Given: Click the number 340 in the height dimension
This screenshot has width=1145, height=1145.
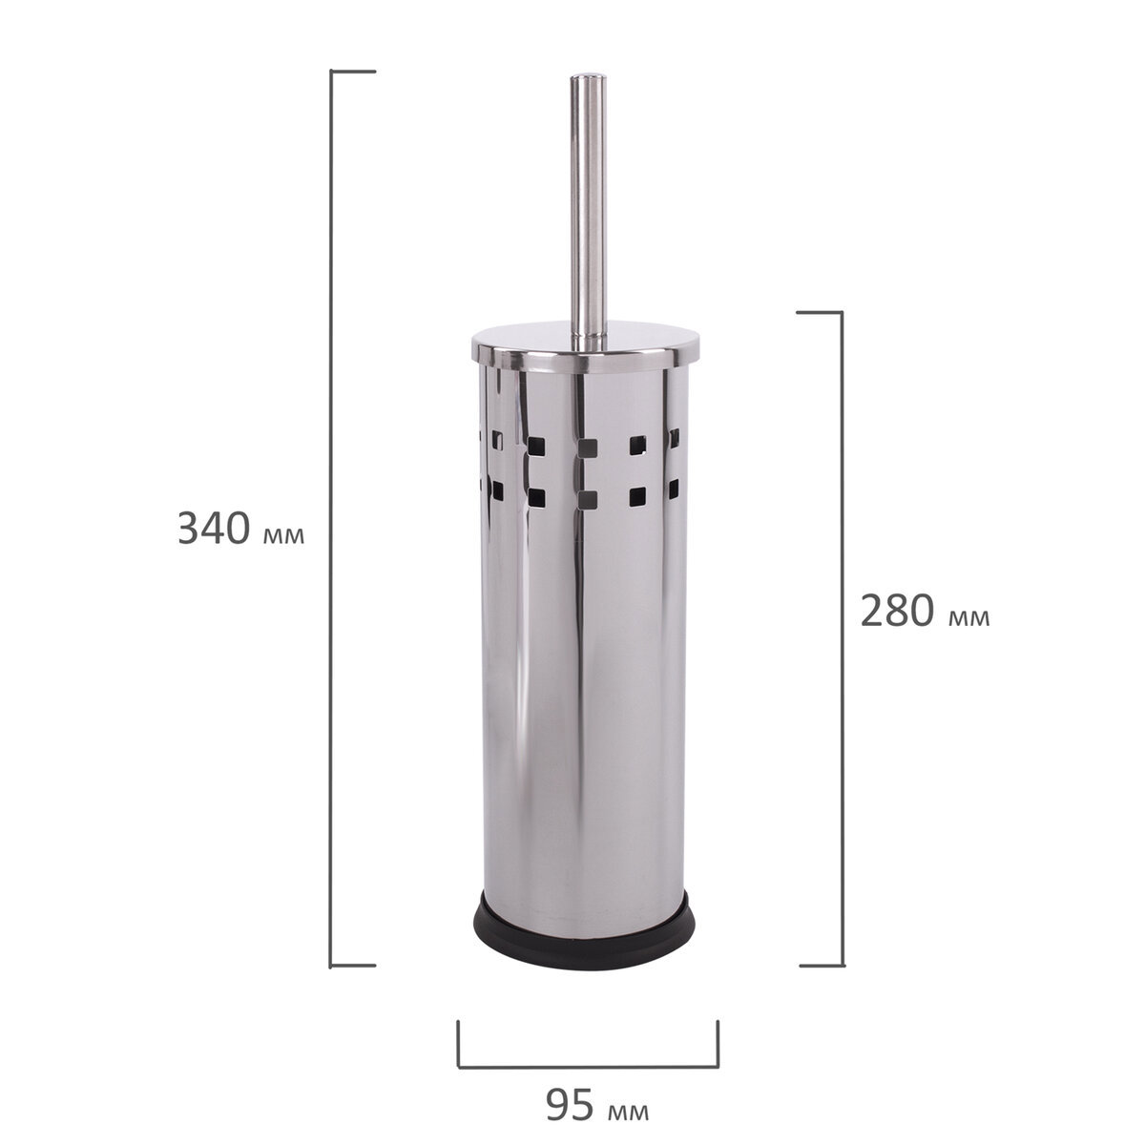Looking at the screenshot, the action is [x=214, y=529].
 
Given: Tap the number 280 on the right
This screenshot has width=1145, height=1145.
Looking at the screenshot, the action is [x=897, y=611].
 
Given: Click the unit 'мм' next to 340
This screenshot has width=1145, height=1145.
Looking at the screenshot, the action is [x=283, y=535].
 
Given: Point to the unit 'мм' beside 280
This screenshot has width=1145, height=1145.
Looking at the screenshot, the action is [x=969, y=618].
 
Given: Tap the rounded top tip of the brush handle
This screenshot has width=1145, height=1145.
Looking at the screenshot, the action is [x=588, y=77].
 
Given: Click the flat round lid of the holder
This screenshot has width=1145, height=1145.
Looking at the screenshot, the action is [x=585, y=344].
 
